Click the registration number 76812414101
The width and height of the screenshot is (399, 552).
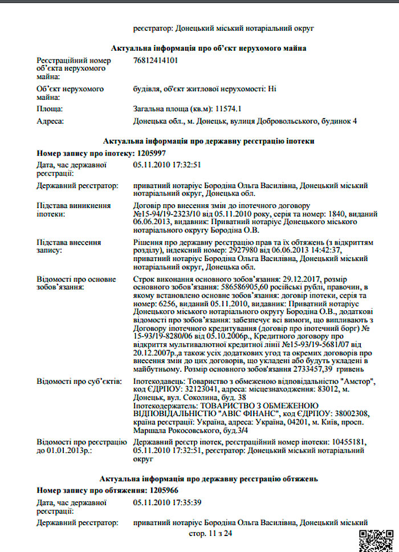155,60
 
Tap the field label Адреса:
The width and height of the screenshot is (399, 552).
50,121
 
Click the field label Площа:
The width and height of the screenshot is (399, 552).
50,108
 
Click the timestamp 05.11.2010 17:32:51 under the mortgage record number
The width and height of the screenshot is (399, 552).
167,165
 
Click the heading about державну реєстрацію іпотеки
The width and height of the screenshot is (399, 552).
209,140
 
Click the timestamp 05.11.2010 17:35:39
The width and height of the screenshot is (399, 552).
167,502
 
